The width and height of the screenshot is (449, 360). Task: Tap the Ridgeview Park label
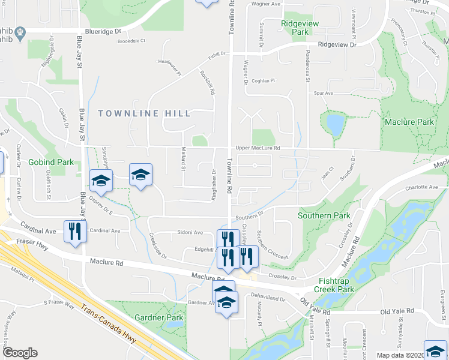coord(300,27)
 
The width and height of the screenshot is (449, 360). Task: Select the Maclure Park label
coord(408,122)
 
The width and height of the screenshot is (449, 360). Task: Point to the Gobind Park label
coord(50,163)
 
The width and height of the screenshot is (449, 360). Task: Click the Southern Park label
coord(324,215)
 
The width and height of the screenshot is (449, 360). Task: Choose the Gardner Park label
coord(158,317)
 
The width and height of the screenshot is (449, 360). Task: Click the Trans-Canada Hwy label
coord(107,323)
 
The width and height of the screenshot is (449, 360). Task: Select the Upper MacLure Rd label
coord(258,148)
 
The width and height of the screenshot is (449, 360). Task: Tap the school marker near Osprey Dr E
coord(101,180)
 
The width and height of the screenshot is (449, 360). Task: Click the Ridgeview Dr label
coord(337,45)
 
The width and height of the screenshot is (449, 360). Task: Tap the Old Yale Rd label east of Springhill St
coord(397,311)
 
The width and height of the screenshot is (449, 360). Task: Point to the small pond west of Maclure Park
coord(335,125)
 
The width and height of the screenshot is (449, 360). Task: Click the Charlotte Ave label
coord(421,187)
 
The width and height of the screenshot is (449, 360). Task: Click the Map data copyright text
coord(400,355)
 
